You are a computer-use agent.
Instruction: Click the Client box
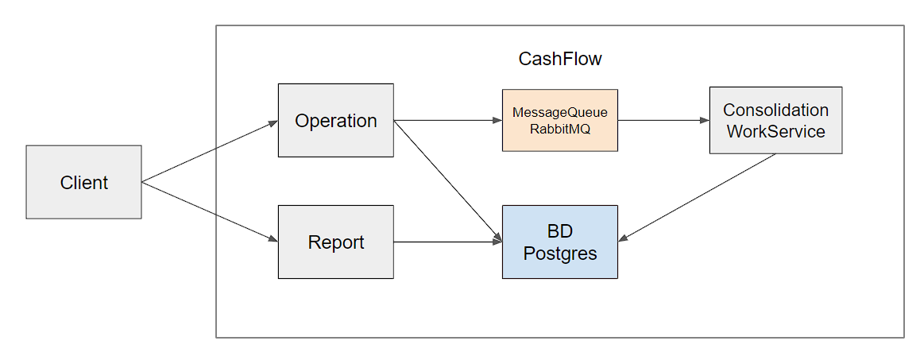coord(83,182)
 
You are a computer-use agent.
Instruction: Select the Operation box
coord(335,121)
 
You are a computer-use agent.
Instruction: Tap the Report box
coord(335,242)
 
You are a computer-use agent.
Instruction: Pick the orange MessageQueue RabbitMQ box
coord(559,121)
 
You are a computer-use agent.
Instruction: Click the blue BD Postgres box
coord(559,242)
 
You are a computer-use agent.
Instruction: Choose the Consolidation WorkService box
coord(775,121)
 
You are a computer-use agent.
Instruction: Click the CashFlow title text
coord(559,59)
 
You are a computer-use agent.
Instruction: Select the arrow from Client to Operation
coord(210,152)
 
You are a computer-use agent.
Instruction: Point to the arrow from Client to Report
coord(210,211)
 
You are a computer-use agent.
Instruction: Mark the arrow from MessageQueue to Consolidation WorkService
coord(663,121)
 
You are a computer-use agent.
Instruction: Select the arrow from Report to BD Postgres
coord(447,242)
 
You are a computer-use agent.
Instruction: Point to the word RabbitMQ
coord(559,130)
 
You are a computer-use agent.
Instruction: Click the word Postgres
coord(559,254)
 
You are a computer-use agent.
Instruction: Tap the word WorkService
coord(775,131)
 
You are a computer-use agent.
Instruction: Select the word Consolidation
coord(775,110)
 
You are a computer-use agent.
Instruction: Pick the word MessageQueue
coord(559,114)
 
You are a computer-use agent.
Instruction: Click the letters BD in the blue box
coord(559,231)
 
